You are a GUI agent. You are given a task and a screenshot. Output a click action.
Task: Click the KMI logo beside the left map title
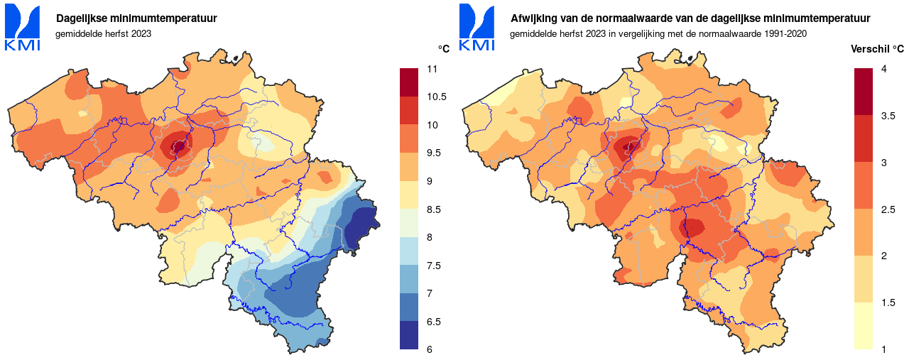(23, 28)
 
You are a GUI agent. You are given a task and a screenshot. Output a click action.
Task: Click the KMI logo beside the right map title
(477, 28)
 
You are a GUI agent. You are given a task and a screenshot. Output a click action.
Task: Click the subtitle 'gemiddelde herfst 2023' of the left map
(104, 33)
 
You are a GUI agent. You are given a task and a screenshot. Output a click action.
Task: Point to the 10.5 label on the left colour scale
(436, 97)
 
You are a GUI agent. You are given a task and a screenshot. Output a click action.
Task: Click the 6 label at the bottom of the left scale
(430, 349)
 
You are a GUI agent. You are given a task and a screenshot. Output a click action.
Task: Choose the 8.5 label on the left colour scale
(434, 209)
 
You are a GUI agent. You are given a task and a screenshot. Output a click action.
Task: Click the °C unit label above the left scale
(444, 49)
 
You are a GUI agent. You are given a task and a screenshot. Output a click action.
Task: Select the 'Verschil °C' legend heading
(877, 49)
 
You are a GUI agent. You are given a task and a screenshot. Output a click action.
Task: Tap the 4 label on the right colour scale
(883, 69)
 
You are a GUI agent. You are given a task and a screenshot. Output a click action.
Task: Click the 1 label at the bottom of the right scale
(883, 349)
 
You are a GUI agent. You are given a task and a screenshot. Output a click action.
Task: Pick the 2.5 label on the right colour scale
(888, 209)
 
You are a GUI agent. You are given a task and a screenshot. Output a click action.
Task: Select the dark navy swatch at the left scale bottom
(410, 335)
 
